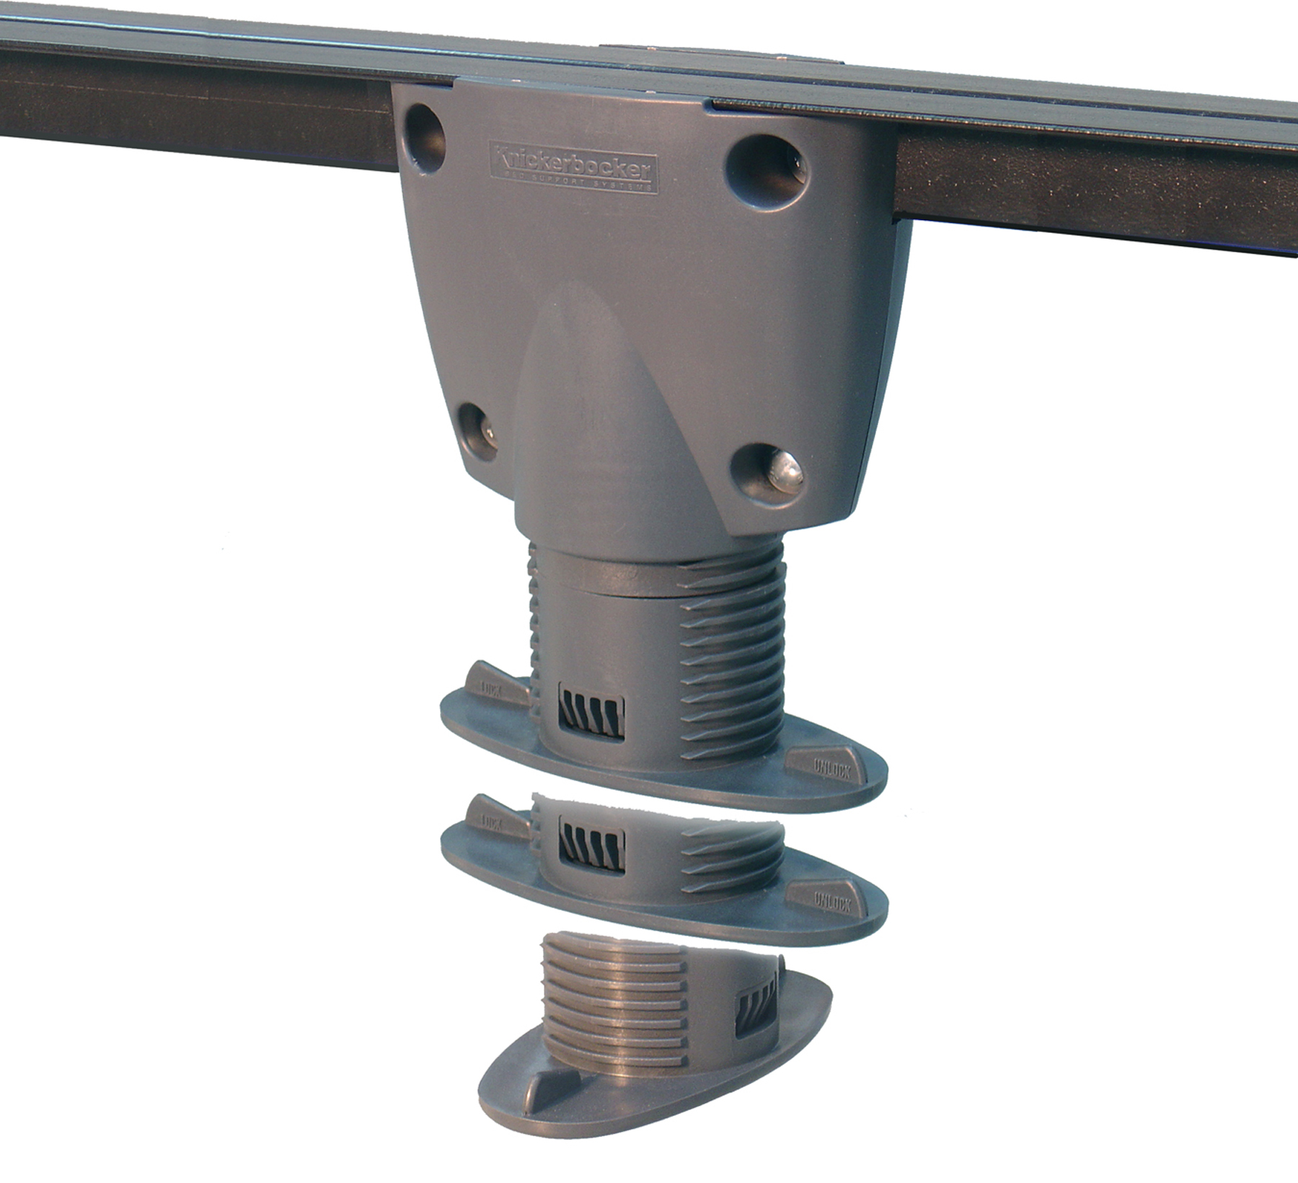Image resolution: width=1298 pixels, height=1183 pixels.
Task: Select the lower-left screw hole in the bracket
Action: [477, 431]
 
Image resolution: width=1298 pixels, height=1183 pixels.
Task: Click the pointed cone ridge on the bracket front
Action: [577, 375]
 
